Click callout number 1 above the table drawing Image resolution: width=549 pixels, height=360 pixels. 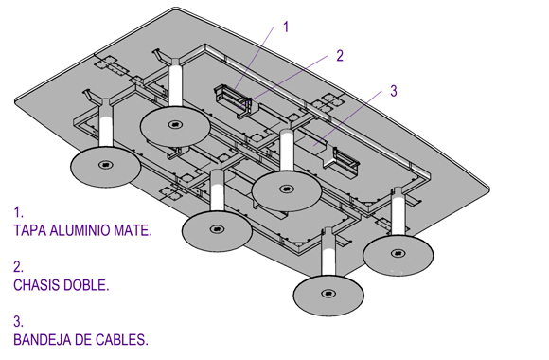286,27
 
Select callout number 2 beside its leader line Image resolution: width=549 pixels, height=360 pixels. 340,56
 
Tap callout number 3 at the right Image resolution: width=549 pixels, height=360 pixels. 394,91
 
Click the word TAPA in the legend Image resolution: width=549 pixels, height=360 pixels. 30,230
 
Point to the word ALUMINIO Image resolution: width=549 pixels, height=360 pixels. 80,230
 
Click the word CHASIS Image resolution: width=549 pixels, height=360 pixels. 35,285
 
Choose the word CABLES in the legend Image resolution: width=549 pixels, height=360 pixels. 122,340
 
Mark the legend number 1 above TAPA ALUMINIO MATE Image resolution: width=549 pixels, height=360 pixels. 18,212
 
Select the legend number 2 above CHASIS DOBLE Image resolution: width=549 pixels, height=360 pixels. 18,267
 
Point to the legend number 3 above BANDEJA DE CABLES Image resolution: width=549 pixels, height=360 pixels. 18,322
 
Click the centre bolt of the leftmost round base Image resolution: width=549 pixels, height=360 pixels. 105,164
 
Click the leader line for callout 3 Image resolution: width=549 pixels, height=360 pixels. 347,117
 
